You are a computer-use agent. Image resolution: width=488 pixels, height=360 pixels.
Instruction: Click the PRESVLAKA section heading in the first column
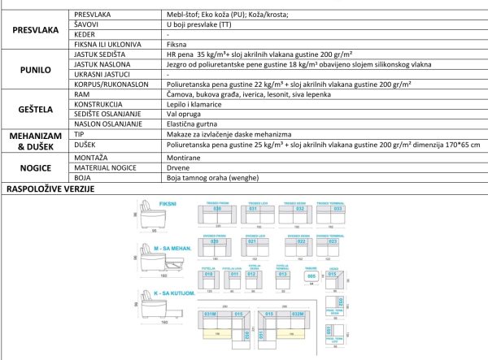[x=36, y=30]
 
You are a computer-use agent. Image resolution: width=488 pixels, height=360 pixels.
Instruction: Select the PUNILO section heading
[x=36, y=72]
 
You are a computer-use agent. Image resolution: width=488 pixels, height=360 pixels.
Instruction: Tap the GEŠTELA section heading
[x=36, y=109]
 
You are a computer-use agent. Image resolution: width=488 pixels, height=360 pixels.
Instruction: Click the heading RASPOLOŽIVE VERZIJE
[x=50, y=189]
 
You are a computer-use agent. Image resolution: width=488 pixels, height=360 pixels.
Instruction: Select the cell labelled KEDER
[x=85, y=36]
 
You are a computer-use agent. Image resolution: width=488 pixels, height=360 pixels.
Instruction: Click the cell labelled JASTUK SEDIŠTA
[x=101, y=54]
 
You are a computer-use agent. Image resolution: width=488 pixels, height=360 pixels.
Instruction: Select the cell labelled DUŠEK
[x=85, y=144]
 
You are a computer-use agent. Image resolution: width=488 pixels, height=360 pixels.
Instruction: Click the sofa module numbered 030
[x=217, y=210]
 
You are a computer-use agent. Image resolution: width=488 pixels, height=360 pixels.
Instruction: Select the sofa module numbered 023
[x=302, y=242]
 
